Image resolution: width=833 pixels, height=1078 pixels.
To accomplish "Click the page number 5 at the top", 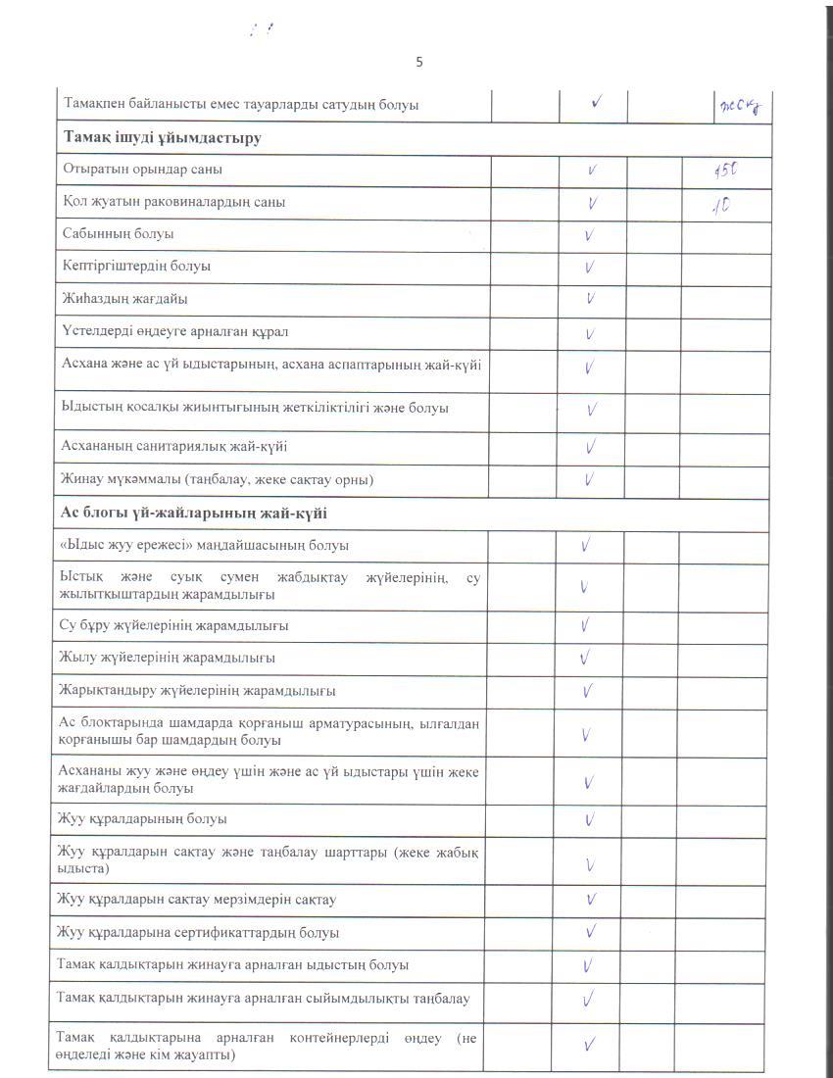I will (419, 63).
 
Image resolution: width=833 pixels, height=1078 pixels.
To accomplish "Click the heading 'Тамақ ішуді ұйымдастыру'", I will (162, 138).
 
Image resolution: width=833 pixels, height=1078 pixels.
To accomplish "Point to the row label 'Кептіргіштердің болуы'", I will (136, 266).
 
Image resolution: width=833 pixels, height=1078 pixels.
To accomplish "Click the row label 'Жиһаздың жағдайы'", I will (124, 298).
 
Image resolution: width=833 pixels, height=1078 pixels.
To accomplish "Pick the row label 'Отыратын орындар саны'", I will (143, 170).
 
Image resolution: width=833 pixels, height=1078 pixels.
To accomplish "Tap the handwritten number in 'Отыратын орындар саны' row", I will (725, 171).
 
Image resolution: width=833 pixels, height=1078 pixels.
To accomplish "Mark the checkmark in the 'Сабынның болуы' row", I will (590, 236).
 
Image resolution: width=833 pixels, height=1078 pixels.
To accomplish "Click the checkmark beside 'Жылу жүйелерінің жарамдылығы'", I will (586, 657).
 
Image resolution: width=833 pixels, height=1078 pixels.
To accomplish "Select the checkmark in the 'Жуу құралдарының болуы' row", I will (591, 819).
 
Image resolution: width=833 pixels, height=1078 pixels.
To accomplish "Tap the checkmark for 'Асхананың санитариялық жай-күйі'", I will (591, 448).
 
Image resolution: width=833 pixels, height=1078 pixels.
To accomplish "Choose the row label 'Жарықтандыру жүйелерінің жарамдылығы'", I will (198, 691).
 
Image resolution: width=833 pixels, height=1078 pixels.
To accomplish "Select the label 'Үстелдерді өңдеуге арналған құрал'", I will (174, 331).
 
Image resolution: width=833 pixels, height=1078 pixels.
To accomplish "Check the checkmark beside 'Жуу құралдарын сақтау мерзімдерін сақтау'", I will (592, 899).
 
